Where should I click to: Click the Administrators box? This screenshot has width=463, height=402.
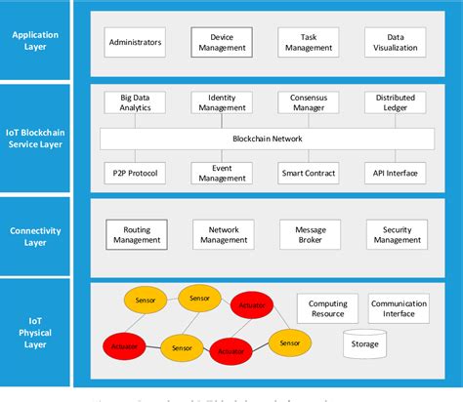136,42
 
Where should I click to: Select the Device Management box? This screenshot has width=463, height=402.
221,42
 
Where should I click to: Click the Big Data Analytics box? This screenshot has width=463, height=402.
136,103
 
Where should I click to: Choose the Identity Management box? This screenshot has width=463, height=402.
221,103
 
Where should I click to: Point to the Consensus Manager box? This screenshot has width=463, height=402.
309,103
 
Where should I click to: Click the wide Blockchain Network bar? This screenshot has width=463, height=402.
267,139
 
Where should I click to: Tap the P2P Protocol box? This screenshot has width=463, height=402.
136,174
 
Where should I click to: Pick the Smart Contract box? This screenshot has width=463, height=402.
309,174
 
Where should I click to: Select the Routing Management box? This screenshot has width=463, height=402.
136,233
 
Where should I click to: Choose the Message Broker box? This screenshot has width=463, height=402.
309,233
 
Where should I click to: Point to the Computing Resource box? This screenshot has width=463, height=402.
326,309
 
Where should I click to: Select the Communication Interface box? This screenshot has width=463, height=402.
399,309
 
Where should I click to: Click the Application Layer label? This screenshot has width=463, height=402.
35,41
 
